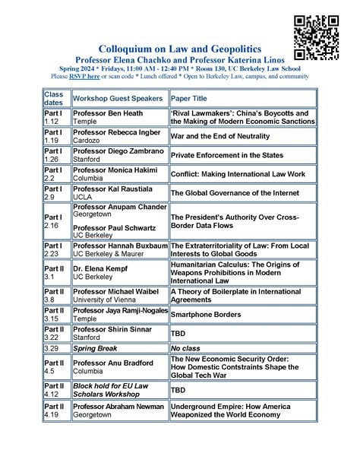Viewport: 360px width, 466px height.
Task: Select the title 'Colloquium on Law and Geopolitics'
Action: tap(175, 48)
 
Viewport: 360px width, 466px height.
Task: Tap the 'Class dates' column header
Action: tap(57, 98)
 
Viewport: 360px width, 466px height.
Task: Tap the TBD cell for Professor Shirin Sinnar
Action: tap(178, 333)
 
